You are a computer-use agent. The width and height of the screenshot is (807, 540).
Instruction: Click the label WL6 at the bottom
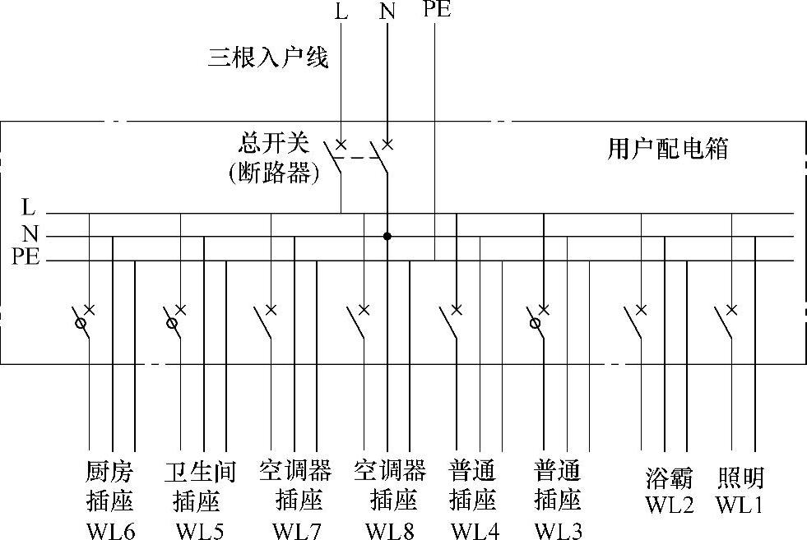point(110,530)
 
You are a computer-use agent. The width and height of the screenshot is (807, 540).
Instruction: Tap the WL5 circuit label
point(199,530)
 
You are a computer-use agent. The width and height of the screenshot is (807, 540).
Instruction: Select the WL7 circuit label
point(295,530)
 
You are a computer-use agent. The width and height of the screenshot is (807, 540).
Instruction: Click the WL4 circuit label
point(475,530)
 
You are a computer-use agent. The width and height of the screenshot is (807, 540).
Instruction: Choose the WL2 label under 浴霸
point(669,504)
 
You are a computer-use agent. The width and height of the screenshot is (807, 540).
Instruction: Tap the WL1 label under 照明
point(740,504)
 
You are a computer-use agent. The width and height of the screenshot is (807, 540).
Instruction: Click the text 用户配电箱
point(668,149)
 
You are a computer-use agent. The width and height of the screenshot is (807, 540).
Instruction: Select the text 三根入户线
point(268,58)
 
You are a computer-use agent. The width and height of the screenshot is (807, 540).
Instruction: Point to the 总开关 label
point(273,144)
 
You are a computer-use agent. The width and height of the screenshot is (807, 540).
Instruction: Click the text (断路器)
point(273,174)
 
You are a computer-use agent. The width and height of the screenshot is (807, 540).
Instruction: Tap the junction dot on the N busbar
point(387,237)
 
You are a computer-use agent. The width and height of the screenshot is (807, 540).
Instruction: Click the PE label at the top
point(436,10)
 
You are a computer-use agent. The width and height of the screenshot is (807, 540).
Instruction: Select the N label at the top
point(387,12)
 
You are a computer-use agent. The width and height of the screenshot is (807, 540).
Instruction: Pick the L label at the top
point(341,12)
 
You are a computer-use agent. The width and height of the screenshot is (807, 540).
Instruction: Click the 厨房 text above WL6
point(109,472)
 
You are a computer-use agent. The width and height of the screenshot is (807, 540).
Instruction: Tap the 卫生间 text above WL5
point(200,472)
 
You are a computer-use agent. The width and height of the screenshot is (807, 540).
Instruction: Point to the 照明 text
point(741,478)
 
